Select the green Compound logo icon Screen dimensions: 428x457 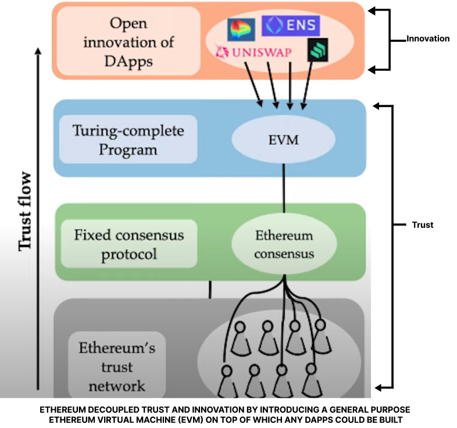(317, 50)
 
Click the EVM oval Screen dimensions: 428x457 (283, 140)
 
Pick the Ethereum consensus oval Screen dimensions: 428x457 (284, 244)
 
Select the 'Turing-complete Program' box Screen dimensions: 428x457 (128, 140)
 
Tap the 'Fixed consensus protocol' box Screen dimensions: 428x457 (128, 244)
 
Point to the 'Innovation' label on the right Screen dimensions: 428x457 (428, 39)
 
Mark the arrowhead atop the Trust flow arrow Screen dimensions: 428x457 (38, 51)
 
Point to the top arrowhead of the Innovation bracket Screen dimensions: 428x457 (374, 10)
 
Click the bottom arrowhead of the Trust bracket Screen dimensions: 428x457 (377, 387)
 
